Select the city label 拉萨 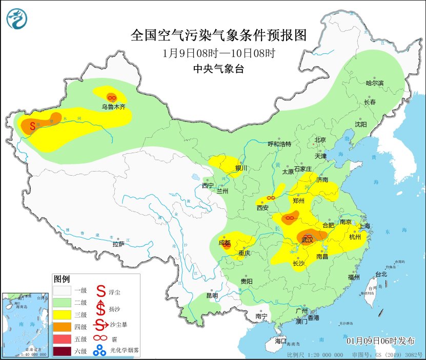point(118,244)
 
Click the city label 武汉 point(308,239)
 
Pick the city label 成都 point(225,242)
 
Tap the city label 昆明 point(212,295)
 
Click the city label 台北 point(381,274)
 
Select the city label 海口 point(280,341)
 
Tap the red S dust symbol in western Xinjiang point(32,124)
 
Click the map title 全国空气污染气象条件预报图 point(218,35)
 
